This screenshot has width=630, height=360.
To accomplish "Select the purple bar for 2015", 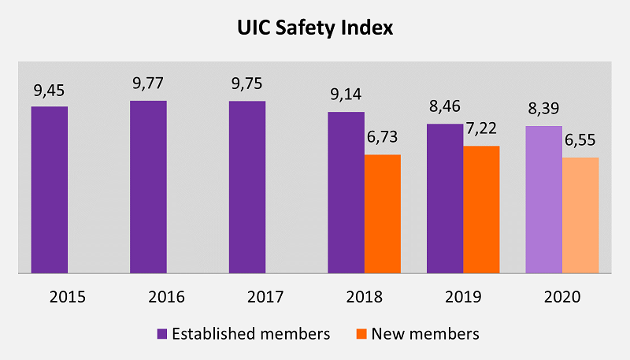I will [x=50, y=190].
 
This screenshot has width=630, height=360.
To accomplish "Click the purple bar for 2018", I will [x=346, y=193].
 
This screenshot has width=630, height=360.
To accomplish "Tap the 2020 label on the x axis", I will [x=561, y=297].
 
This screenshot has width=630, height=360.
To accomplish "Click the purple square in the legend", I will [x=162, y=334].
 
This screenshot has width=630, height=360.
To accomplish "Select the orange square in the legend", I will [x=361, y=334].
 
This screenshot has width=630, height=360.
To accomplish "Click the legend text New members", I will [x=426, y=334].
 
